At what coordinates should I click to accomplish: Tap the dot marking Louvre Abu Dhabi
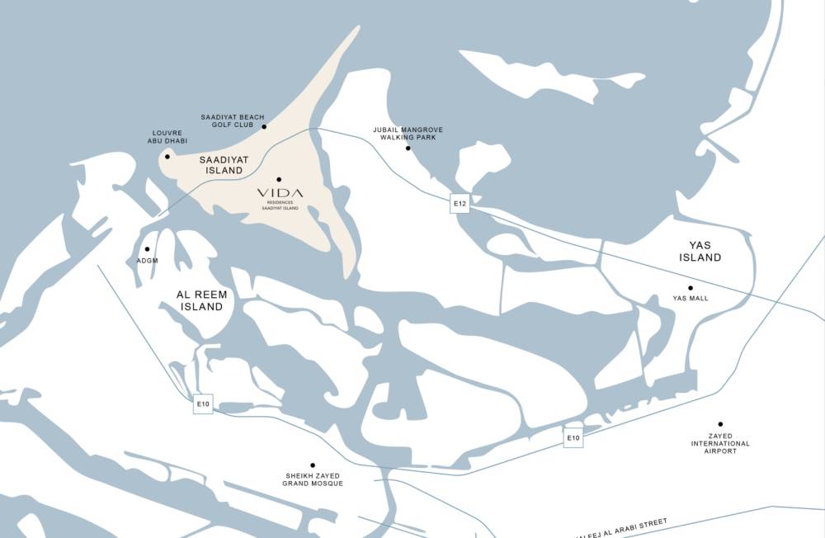(167, 156)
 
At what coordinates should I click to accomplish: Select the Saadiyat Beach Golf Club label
(233, 121)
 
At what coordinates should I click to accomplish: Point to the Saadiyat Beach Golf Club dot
(264, 127)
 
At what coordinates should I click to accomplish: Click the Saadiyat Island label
(221, 164)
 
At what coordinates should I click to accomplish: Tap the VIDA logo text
(280, 192)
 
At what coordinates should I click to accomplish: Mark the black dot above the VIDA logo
(279, 179)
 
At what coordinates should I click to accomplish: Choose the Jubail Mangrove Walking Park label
(407, 133)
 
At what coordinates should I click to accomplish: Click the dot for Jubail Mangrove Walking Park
(408, 149)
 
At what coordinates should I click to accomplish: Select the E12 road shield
(460, 203)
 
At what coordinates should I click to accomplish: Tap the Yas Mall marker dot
(691, 288)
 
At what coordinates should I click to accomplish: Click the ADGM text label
(147, 261)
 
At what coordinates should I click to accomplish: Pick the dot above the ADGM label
(147, 248)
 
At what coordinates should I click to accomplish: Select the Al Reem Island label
(202, 300)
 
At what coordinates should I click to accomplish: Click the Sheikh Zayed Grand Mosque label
(313, 479)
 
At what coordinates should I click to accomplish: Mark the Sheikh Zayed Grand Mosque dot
(313, 465)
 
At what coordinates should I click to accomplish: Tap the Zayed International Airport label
(720, 443)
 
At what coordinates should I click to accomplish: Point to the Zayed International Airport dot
(720, 424)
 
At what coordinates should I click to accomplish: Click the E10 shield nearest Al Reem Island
(203, 404)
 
